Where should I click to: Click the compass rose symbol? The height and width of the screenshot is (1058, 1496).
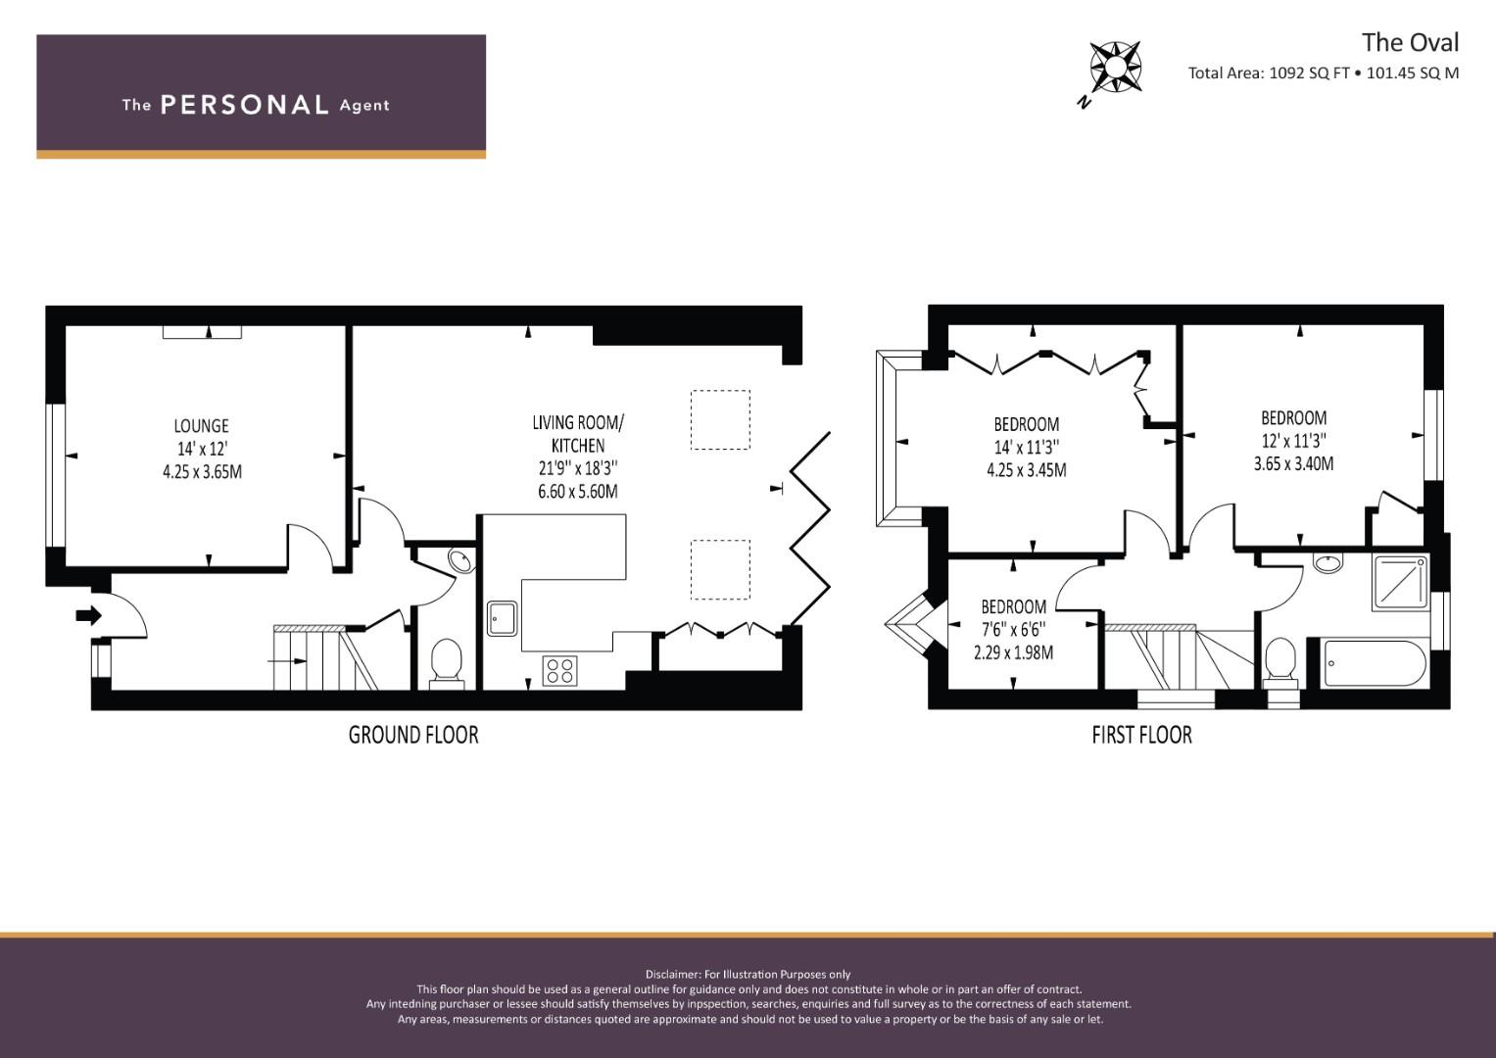pyautogui.click(x=1115, y=67)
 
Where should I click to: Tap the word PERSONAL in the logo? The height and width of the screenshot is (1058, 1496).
pyautogui.click(x=245, y=105)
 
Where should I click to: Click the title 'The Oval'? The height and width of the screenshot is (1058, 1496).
pyautogui.click(x=1411, y=43)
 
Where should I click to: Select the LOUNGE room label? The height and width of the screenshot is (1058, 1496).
pyautogui.click(x=202, y=425)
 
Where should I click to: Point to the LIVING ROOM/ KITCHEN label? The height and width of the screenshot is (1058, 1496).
pyautogui.click(x=578, y=433)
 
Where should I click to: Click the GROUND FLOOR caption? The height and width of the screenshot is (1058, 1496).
pyautogui.click(x=413, y=736)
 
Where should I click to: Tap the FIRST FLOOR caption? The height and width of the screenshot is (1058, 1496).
pyautogui.click(x=1142, y=736)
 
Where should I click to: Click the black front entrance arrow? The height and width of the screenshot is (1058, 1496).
pyautogui.click(x=89, y=615)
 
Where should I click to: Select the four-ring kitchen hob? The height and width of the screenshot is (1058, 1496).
pyautogui.click(x=559, y=671)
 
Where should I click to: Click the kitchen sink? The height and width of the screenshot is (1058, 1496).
pyautogui.click(x=503, y=618)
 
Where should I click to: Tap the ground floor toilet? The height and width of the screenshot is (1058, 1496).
pyautogui.click(x=447, y=662)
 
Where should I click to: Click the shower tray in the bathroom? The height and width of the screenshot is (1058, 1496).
pyautogui.click(x=1401, y=583)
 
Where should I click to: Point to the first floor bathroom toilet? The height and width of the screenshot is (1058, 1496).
pyautogui.click(x=1280, y=662)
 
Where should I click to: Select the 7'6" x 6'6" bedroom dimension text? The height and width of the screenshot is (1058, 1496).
pyautogui.click(x=1013, y=630)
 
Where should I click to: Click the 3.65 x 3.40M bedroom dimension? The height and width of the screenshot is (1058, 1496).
pyautogui.click(x=1293, y=463)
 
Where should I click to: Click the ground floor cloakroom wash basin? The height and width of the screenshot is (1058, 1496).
pyautogui.click(x=460, y=561)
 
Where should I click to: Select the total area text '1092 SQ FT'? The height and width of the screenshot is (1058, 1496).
pyautogui.click(x=1309, y=72)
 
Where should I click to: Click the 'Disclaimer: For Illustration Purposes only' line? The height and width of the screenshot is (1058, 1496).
pyautogui.click(x=748, y=975)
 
